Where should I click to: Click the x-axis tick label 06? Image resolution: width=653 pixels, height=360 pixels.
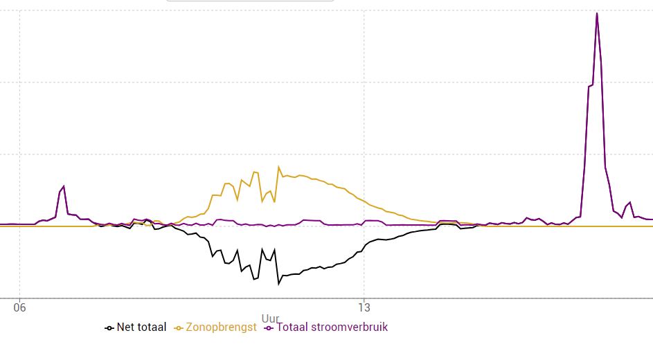[19, 307]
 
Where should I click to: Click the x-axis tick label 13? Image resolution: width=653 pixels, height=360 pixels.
[364, 307]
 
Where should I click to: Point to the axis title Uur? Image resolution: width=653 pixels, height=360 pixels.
[270, 318]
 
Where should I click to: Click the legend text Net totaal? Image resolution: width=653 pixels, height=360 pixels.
[141, 327]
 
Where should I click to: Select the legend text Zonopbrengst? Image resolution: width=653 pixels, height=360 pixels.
[222, 327]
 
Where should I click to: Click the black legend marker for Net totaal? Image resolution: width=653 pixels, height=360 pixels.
[109, 327]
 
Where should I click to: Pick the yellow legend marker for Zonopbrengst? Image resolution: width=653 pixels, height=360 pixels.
[179, 327]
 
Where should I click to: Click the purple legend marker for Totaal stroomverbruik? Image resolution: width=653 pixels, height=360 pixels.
[270, 327]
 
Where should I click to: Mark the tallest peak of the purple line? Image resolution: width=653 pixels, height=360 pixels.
[597, 13]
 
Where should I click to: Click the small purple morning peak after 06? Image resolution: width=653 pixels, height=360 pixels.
[64, 186]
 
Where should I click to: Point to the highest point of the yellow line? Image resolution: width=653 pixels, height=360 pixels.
[279, 167]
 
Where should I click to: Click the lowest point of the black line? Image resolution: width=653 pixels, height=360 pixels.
[279, 284]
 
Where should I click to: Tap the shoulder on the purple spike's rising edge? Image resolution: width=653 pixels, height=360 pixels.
[591, 85]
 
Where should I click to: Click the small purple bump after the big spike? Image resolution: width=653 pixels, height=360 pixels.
[629, 203]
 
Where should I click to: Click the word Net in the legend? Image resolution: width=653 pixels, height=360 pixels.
[125, 327]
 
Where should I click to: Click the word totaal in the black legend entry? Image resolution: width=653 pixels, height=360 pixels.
[152, 327]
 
